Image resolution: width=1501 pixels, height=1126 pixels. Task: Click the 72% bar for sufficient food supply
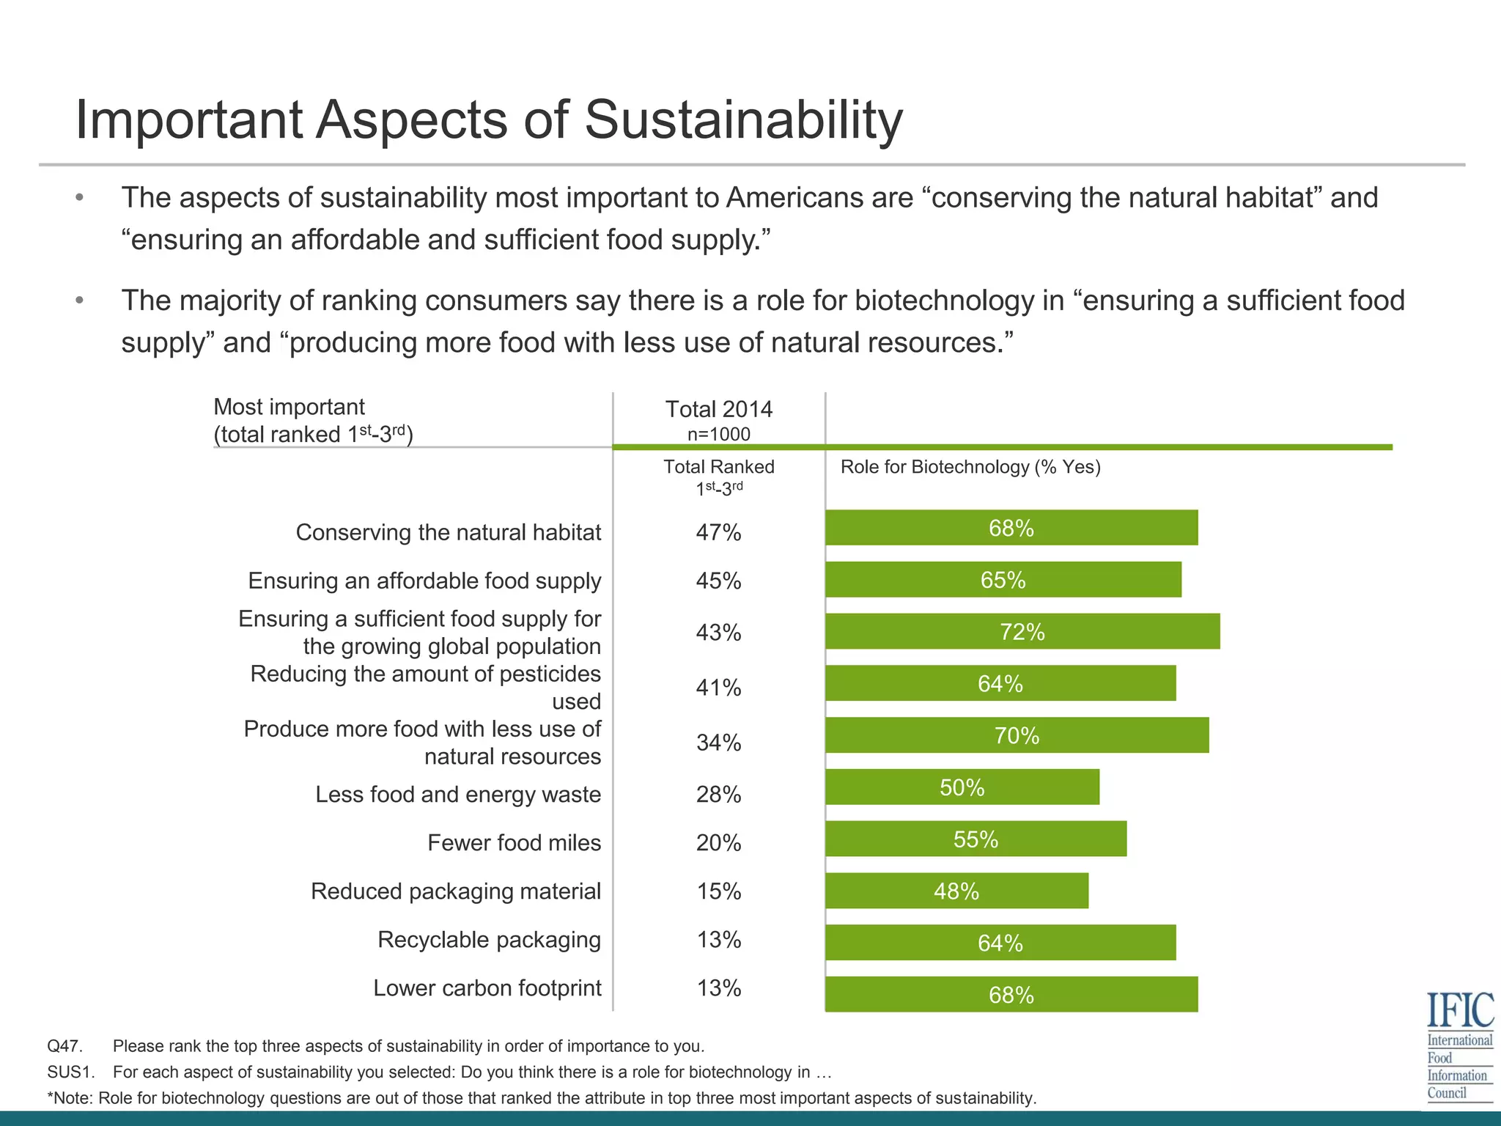click(1022, 632)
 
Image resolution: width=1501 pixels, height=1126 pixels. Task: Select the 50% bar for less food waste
click(962, 787)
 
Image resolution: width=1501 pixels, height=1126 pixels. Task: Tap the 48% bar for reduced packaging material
click(956, 891)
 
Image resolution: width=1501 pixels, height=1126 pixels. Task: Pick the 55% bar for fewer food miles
click(976, 839)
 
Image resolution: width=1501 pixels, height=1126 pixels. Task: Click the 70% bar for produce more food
click(1017, 735)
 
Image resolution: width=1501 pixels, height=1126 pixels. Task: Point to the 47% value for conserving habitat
click(718, 532)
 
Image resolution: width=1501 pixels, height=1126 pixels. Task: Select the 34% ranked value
click(718, 743)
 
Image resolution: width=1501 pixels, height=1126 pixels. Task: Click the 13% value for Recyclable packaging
click(718, 940)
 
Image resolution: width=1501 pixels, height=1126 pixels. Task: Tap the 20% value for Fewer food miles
click(718, 843)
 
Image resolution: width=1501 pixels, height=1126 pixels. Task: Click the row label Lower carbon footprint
click(487, 988)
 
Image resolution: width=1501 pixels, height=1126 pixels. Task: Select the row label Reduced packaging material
click(455, 891)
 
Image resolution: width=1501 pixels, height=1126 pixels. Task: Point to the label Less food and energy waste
click(457, 795)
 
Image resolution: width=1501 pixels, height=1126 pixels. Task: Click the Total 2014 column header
click(718, 409)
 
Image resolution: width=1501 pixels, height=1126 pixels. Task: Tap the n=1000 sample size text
click(718, 434)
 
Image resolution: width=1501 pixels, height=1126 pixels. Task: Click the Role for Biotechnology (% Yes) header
click(970, 467)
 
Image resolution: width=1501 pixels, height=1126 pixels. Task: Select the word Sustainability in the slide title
click(743, 119)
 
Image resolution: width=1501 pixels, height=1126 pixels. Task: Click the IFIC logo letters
click(1459, 1010)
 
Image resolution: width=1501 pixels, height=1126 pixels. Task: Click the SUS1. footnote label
click(70, 1072)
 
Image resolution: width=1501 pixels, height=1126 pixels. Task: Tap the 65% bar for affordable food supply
click(1003, 580)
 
